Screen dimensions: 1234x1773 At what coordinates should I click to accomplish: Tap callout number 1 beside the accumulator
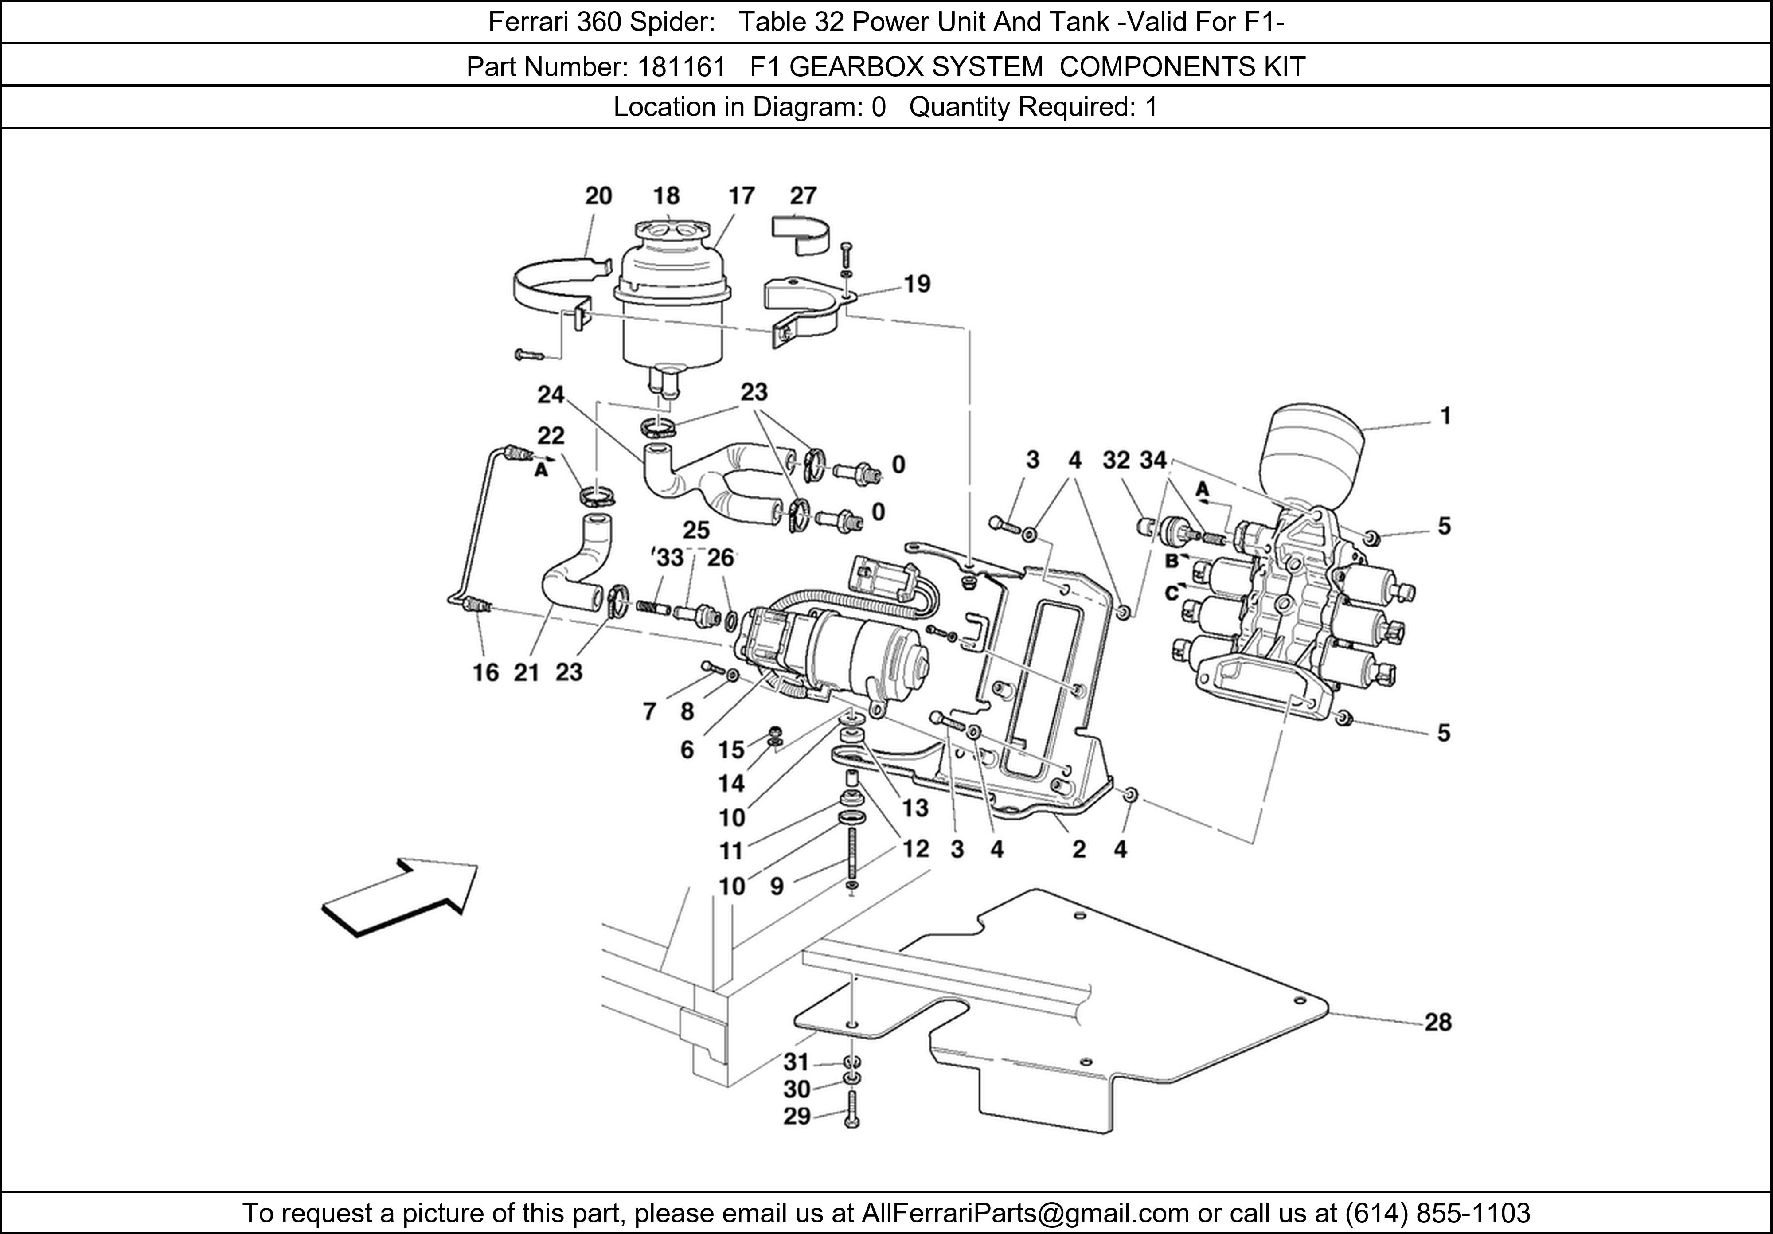pos(1445,416)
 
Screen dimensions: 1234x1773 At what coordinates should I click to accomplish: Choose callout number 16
pos(486,672)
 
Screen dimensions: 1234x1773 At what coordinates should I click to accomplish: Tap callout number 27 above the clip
pos(803,196)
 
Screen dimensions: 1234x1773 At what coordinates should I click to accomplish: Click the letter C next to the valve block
pos(1171,593)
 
